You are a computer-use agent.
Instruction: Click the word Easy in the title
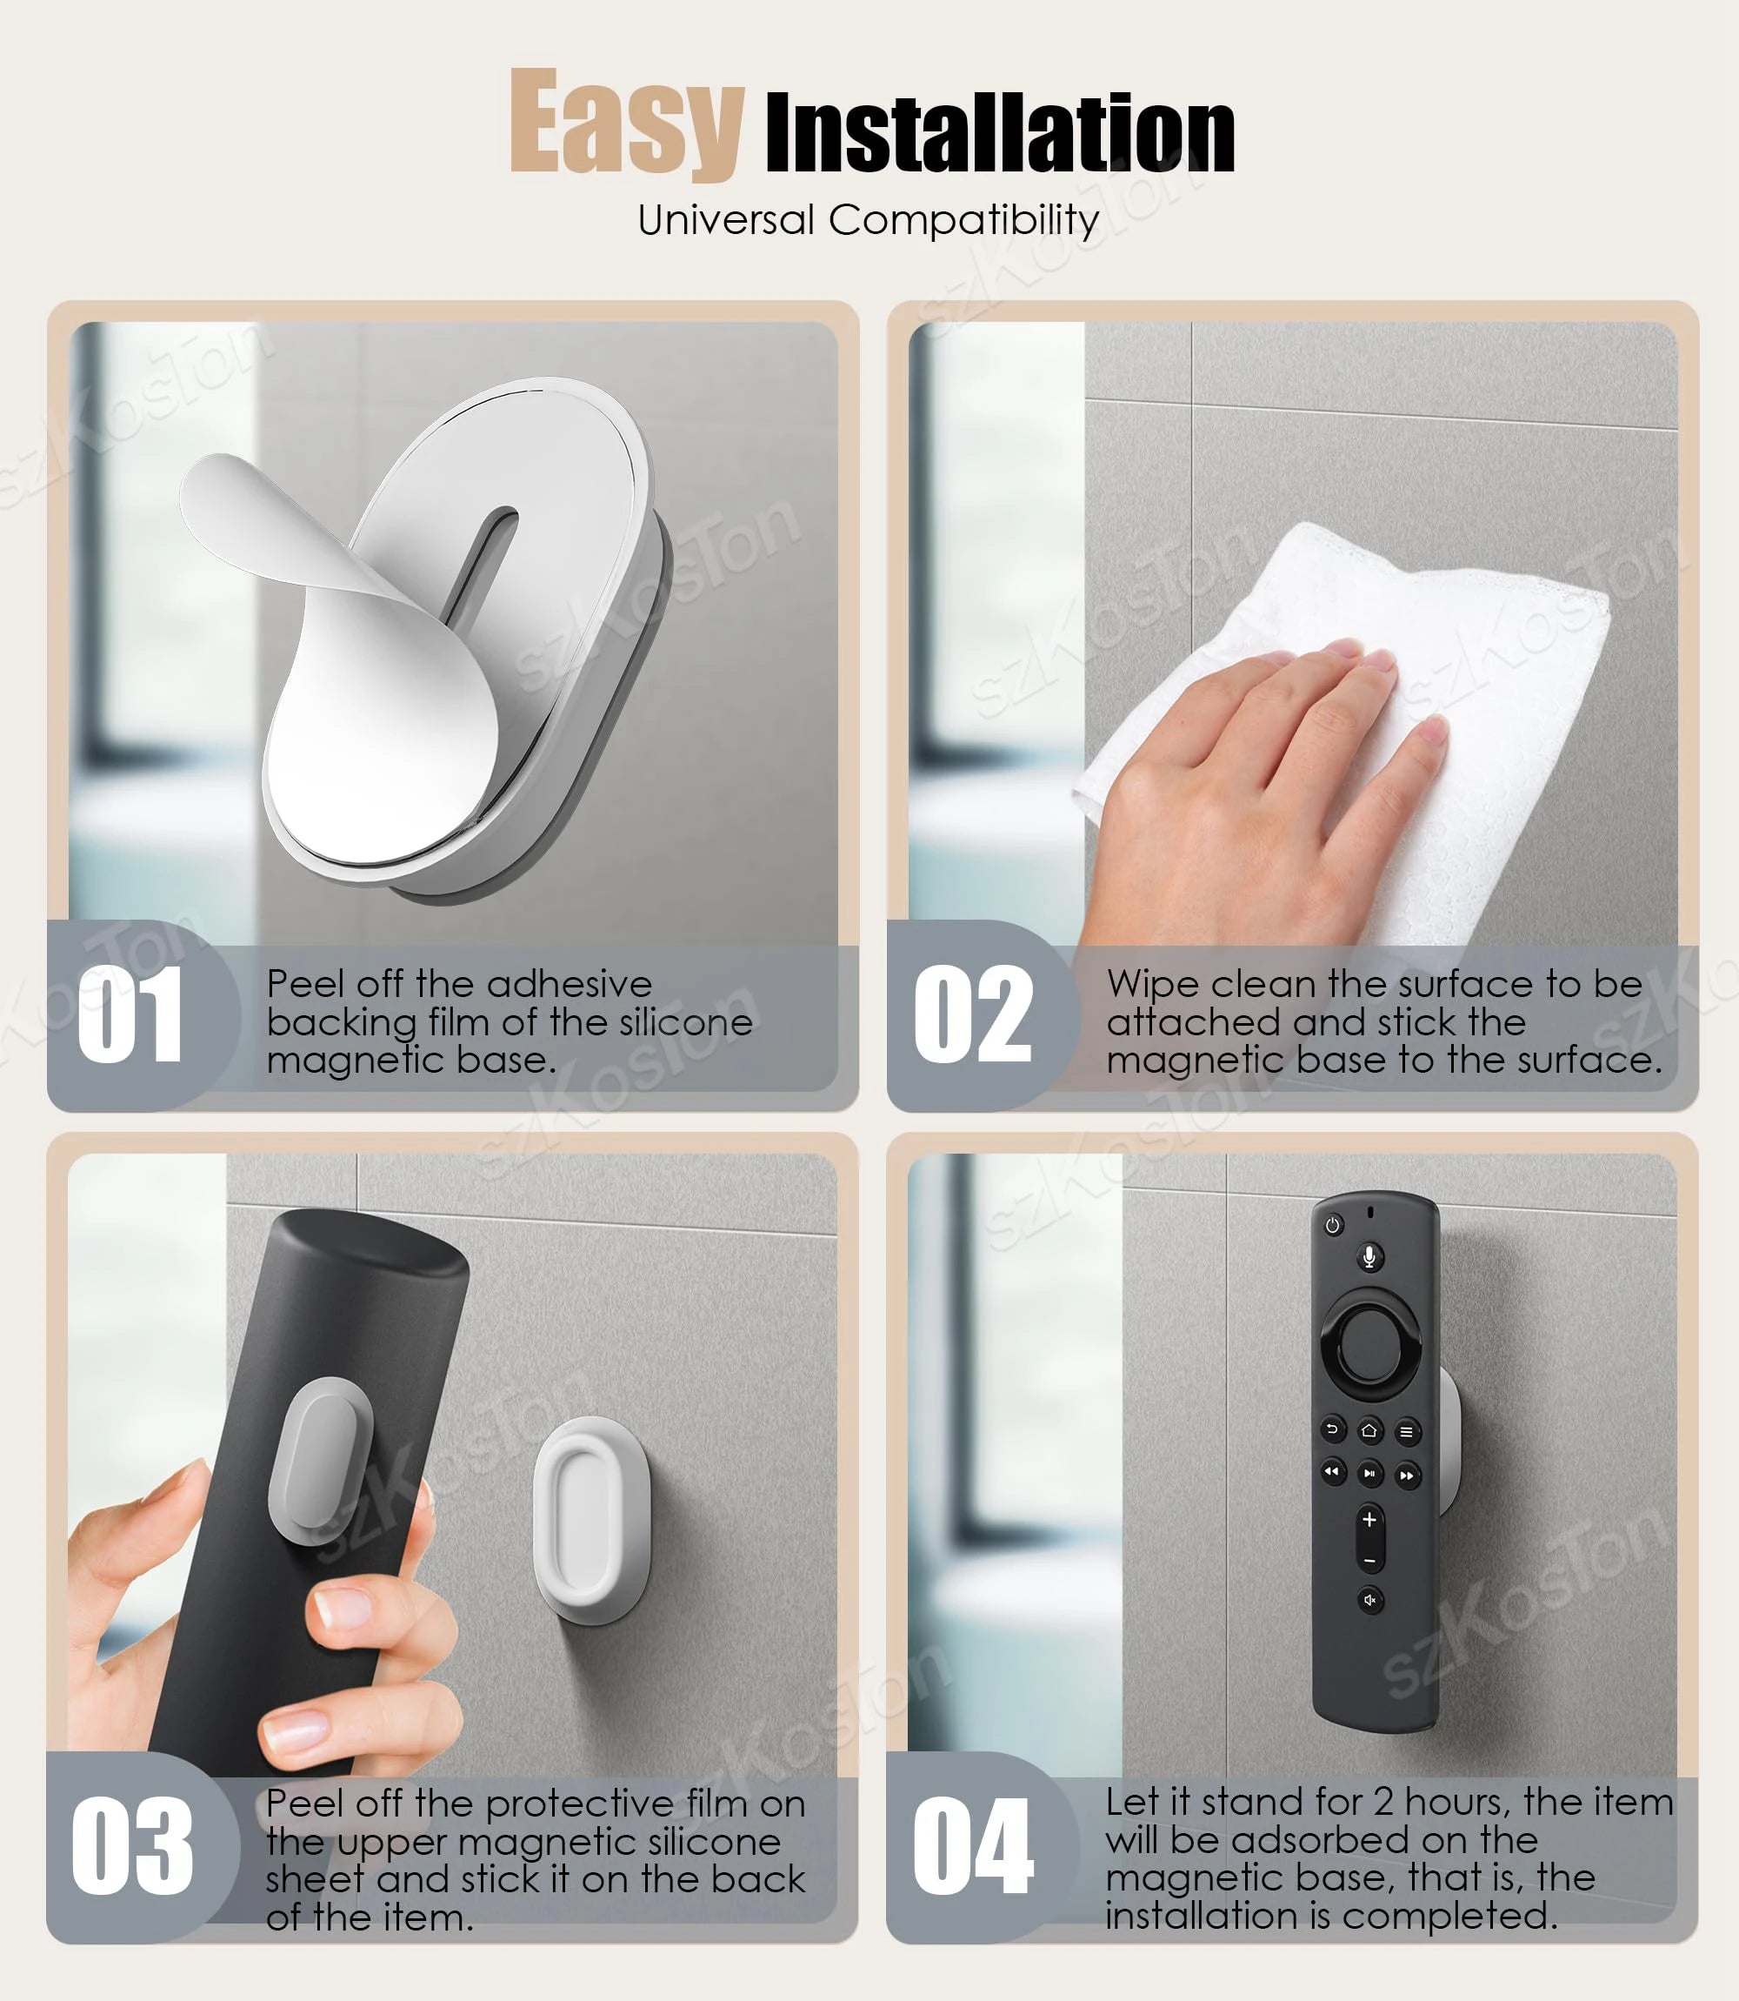click(626, 124)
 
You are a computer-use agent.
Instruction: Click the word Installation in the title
click(1000, 134)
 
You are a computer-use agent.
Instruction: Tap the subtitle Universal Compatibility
click(869, 220)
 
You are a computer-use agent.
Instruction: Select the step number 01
click(130, 1015)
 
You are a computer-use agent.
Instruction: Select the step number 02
click(972, 1015)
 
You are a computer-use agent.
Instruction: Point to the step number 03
click(132, 1844)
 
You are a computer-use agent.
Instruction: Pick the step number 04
click(972, 1844)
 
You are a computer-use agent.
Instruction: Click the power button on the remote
click(1332, 1226)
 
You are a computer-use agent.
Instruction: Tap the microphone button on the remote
click(1369, 1257)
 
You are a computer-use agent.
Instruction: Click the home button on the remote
click(1369, 1430)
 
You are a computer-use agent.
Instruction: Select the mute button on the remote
click(1369, 1600)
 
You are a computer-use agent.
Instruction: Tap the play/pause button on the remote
click(1369, 1474)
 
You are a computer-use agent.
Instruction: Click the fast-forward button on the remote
click(1406, 1476)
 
